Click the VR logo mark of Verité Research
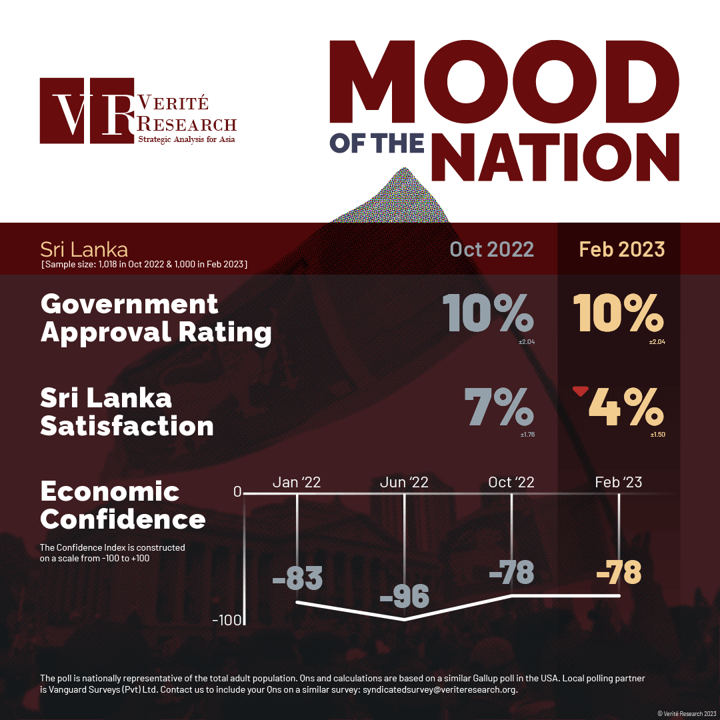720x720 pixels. coord(86,111)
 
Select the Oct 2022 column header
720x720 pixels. coord(491,249)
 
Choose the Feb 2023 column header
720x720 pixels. coord(621,249)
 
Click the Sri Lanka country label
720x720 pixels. coord(84,250)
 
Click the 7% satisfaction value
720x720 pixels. coord(499,407)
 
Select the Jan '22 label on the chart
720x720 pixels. coord(297,482)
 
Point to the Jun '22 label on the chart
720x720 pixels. coord(405,482)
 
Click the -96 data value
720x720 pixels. coord(405,595)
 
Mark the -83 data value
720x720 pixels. coord(297,578)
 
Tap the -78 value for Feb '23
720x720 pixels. coord(619,572)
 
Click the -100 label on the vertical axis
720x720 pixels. coord(225,621)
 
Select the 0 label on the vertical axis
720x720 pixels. coord(237,492)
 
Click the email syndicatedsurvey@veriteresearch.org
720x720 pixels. coord(439,690)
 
